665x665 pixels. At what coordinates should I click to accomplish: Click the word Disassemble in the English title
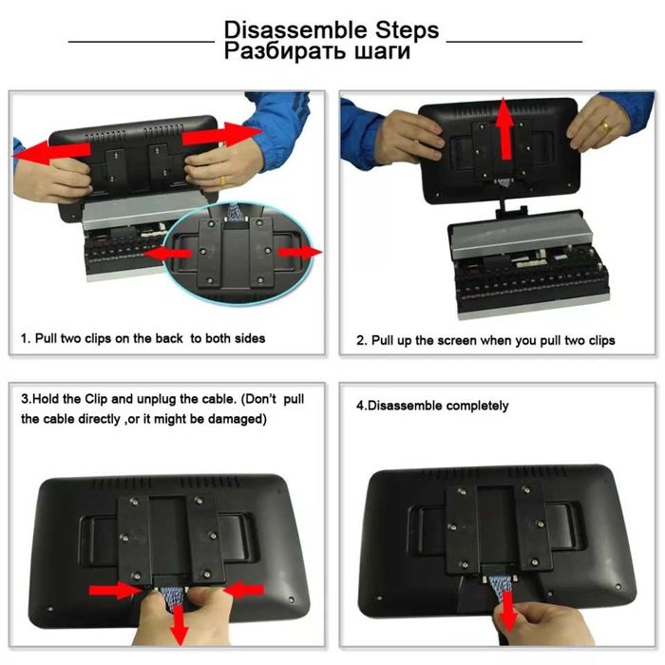point(295,29)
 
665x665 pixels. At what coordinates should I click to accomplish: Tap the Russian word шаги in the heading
point(383,50)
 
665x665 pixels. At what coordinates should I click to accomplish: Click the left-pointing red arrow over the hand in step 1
point(51,152)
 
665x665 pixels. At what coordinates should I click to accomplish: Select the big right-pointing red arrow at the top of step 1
point(222,133)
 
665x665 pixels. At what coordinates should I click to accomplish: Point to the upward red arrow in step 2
point(505,128)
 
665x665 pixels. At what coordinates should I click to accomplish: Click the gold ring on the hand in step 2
point(607,126)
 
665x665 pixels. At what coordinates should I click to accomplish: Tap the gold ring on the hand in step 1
point(223,180)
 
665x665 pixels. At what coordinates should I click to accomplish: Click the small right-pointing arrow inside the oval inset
point(300,253)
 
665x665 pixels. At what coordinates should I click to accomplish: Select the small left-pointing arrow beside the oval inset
point(167,254)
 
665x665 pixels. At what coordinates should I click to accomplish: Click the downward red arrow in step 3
point(180,624)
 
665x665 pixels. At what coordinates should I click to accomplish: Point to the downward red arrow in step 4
point(508,611)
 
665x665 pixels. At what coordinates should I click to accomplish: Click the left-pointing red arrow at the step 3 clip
point(243,590)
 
